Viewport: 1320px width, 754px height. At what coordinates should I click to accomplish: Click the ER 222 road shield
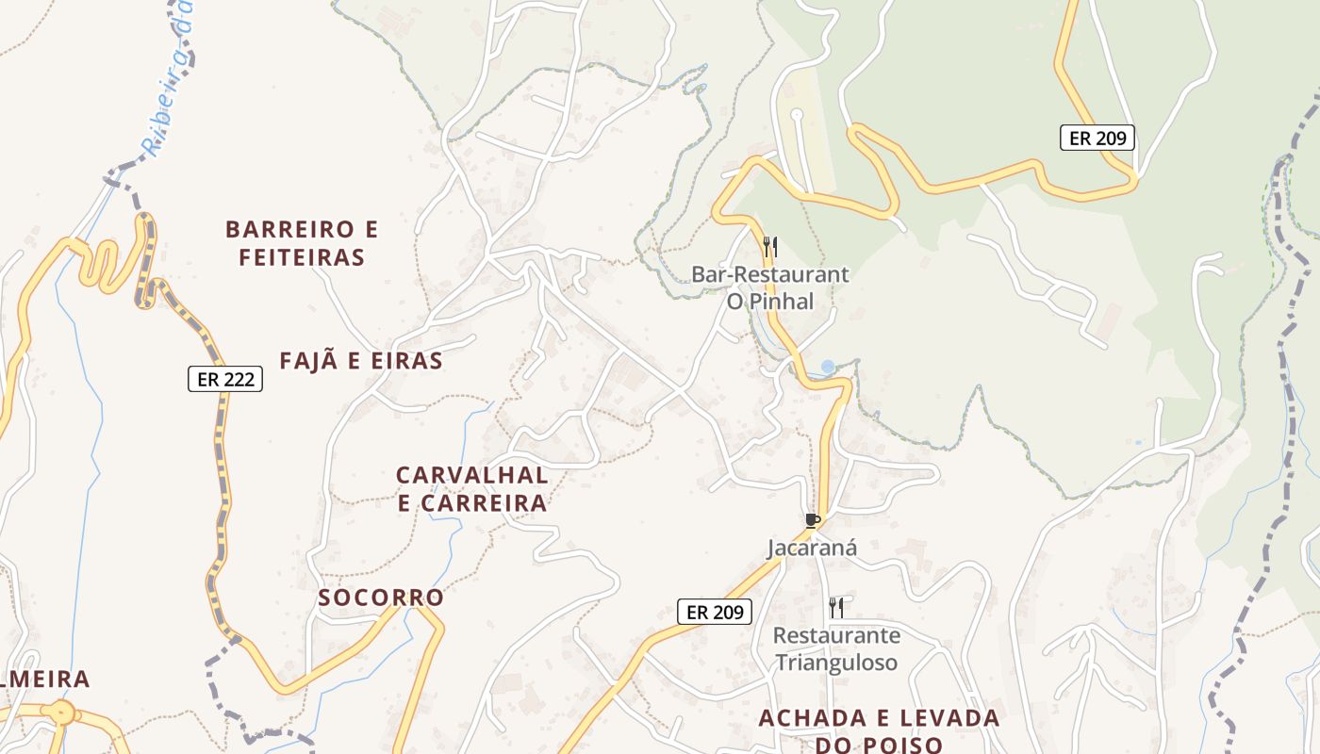coord(224,379)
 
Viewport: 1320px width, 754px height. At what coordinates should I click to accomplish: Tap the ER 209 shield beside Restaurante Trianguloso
coord(715,612)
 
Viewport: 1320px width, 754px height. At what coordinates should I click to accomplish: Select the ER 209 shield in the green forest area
coord(1097,138)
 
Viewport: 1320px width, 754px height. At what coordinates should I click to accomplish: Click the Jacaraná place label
coord(811,548)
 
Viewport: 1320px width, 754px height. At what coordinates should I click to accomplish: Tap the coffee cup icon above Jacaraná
coord(812,520)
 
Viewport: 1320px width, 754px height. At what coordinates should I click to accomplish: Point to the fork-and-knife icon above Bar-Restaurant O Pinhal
coord(770,248)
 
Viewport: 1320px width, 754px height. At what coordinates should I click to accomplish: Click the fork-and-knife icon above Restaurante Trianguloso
coord(835,606)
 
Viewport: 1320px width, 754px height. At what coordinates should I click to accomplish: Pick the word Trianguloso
coord(836,663)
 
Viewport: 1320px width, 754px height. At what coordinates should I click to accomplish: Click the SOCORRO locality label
coord(381,598)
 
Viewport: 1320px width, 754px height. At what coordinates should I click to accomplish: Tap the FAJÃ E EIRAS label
coord(361,361)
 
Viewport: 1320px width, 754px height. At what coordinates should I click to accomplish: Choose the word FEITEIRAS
coord(302,257)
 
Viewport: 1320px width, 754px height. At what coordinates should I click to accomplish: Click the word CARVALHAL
coord(471,474)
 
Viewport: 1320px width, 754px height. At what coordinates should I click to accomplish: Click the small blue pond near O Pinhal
coord(828,366)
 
